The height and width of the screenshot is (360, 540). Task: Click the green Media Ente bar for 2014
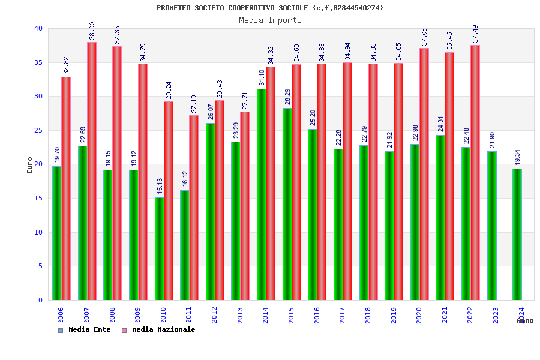pos(262,194)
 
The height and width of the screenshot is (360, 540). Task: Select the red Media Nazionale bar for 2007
pos(92,171)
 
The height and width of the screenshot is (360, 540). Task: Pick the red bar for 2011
pos(194,208)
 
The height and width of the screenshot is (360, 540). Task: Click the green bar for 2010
pos(159,248)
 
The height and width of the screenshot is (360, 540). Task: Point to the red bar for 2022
pos(475,173)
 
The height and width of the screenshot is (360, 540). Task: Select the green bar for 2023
pos(491,226)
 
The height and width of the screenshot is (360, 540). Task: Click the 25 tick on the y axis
pos(38,130)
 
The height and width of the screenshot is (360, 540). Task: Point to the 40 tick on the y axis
pos(38,28)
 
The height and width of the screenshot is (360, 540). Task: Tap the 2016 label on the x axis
pos(317,315)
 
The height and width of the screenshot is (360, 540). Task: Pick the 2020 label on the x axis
pos(419,315)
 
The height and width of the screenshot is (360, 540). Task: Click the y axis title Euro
pos(30,165)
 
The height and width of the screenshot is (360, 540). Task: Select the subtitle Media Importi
pos(270,20)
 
